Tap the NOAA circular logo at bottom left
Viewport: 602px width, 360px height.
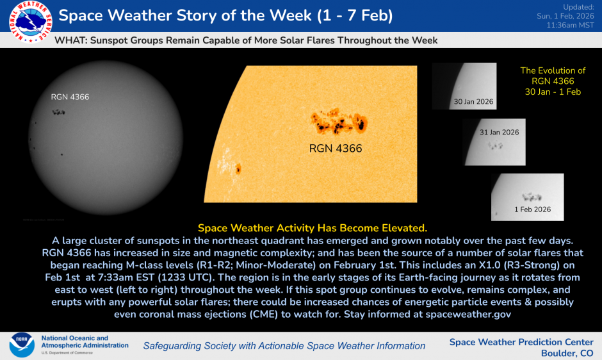point(21,344)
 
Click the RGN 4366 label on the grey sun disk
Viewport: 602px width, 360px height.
point(70,97)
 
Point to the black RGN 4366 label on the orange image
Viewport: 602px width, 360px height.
point(335,149)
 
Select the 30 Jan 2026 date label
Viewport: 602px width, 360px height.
point(473,102)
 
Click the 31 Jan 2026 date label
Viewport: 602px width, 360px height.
point(500,132)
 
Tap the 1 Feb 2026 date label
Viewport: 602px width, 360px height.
point(532,209)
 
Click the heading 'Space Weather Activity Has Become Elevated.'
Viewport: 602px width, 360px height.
point(312,227)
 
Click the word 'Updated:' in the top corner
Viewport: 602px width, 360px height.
point(580,6)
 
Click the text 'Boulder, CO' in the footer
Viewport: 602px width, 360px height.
point(567,353)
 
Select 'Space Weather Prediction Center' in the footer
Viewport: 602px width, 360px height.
point(521,342)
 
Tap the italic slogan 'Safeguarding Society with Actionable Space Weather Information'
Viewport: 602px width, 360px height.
point(284,346)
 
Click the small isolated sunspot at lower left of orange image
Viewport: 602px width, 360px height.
point(238,169)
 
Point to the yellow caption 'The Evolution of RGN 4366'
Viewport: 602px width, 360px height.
point(553,76)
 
